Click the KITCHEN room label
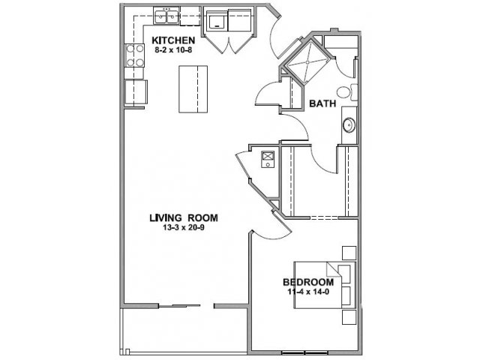pyautogui.click(x=173, y=40)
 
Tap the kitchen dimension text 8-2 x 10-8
pyautogui.click(x=173, y=50)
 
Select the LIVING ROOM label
pyautogui.click(x=184, y=217)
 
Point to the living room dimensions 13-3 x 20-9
pyautogui.click(x=184, y=227)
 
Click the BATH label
pyautogui.click(x=322, y=103)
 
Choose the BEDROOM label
pyautogui.click(x=308, y=282)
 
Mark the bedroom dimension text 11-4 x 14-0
pyautogui.click(x=308, y=292)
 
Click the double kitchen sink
pyautogui.click(x=166, y=16)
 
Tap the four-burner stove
pyautogui.click(x=134, y=55)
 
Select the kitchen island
pyautogui.click(x=193, y=89)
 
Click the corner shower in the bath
pyautogui.click(x=307, y=61)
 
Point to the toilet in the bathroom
pyautogui.click(x=347, y=92)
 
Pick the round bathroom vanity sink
pyautogui.click(x=349, y=125)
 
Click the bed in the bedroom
pyautogui.click(x=325, y=285)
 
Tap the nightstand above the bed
pyautogui.click(x=349, y=253)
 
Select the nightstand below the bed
pyautogui.click(x=349, y=317)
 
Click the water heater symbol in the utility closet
pyautogui.click(x=268, y=160)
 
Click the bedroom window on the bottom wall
pyautogui.click(x=304, y=352)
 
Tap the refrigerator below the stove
pyautogui.click(x=136, y=91)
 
